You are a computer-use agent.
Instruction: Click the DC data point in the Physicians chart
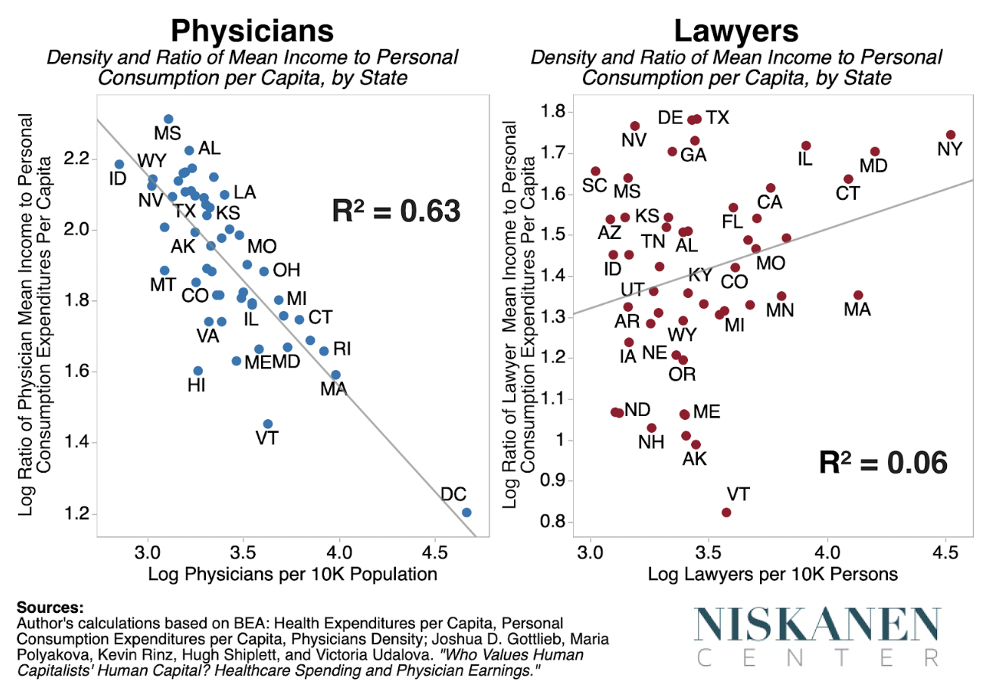[466, 512]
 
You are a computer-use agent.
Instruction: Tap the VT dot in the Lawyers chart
[727, 512]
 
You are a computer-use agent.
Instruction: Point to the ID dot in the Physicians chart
[119, 164]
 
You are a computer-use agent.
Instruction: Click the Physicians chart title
[251, 32]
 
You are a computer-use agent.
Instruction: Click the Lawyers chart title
[736, 32]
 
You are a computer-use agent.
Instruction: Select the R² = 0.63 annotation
[397, 211]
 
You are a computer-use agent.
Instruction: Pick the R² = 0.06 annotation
[883, 462]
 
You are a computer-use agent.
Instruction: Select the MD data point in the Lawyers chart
[875, 152]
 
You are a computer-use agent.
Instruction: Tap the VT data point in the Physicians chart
[267, 424]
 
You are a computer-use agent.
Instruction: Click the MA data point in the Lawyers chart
[858, 295]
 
